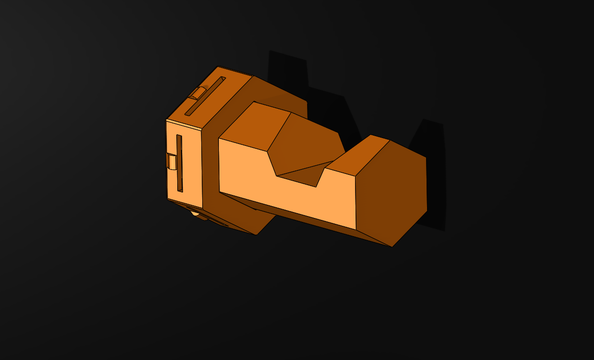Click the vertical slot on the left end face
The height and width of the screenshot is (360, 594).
click(179, 163)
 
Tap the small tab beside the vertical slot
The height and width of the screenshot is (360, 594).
click(171, 161)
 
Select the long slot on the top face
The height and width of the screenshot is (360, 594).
click(205, 96)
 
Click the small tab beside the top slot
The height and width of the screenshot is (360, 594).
click(198, 93)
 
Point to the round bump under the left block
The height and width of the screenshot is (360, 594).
click(195, 213)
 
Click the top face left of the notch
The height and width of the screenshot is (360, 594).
click(255, 125)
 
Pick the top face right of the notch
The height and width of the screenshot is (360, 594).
click(360, 155)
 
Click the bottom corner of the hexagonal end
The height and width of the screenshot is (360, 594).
click(392, 246)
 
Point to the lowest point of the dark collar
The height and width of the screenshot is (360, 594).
click(256, 235)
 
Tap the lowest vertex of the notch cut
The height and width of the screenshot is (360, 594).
click(316, 187)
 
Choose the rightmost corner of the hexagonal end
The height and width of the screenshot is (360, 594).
click(427, 211)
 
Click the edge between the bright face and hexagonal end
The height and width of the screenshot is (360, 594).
click(356, 201)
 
